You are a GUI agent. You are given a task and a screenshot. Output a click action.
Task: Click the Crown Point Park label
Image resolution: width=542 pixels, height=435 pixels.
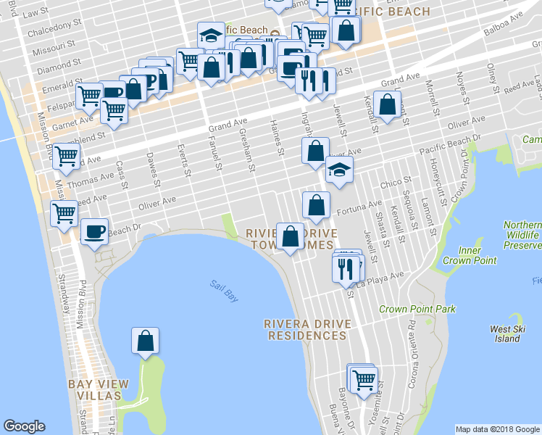coord(417,309)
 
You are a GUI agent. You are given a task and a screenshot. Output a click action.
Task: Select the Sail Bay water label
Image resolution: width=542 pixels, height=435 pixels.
coord(225,291)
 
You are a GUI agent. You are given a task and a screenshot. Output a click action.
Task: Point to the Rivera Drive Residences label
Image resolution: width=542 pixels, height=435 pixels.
coord(307,329)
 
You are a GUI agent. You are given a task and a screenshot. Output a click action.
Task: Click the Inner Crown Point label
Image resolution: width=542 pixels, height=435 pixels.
coord(470,255)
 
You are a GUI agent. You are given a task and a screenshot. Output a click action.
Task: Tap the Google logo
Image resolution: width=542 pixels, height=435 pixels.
coord(25,426)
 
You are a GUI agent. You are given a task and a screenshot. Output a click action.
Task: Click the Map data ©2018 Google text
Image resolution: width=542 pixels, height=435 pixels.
coord(496,429)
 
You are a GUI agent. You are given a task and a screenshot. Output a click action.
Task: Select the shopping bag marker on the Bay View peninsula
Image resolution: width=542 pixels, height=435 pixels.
coord(145,340)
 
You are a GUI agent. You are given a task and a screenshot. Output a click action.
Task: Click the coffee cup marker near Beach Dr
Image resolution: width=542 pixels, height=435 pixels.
coord(95,231)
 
